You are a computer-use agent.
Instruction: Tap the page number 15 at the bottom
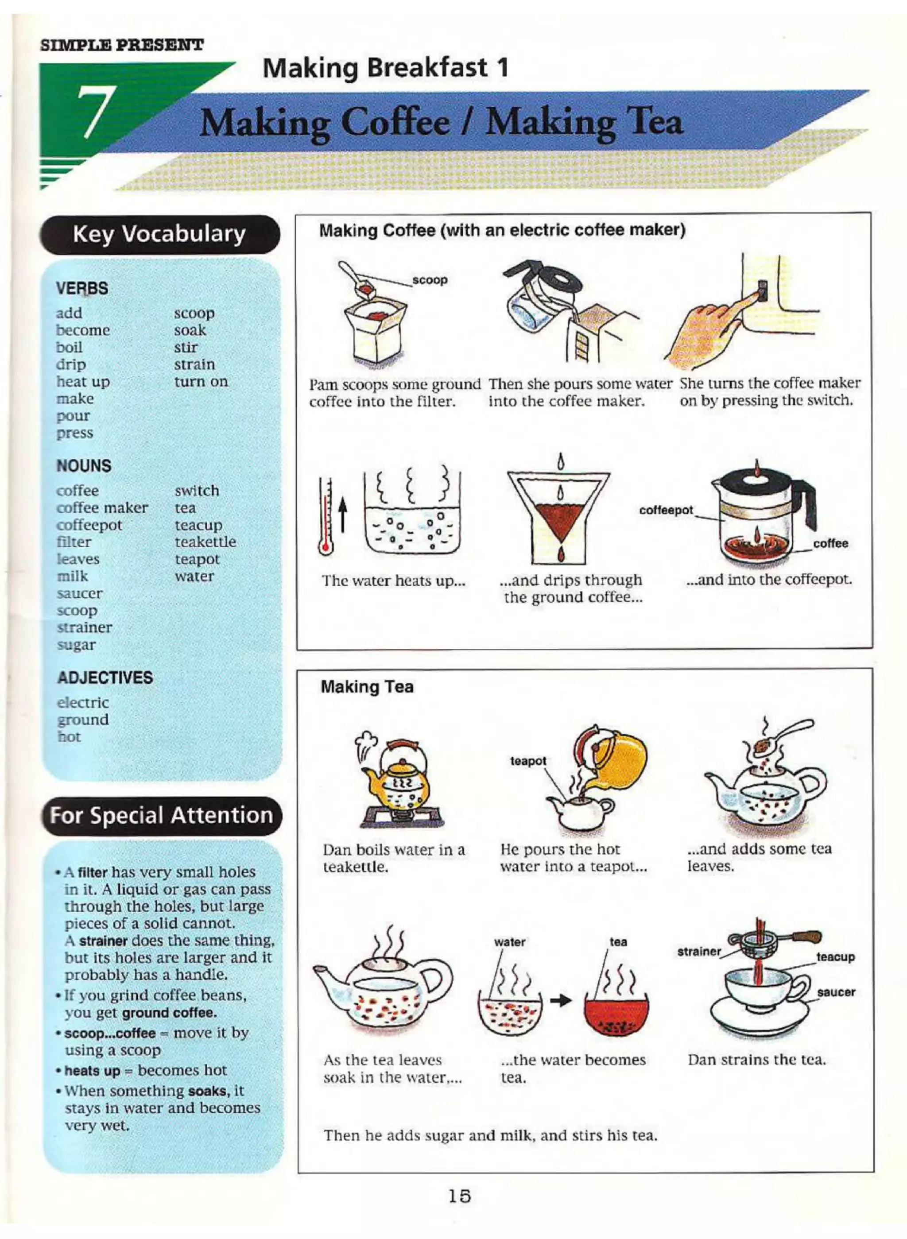click(x=459, y=1196)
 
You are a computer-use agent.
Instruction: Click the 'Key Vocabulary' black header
click(x=159, y=234)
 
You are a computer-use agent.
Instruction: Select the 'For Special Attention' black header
click(x=161, y=815)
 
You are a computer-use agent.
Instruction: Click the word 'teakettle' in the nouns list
click(x=205, y=542)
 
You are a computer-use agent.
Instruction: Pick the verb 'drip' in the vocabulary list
click(x=71, y=364)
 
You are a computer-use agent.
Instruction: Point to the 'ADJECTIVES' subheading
click(x=105, y=678)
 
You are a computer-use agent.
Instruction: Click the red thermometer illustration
click(x=326, y=517)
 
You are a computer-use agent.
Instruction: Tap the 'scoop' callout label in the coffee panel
click(x=430, y=280)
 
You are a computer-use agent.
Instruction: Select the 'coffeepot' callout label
click(x=666, y=510)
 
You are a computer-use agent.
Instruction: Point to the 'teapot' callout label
click(x=527, y=761)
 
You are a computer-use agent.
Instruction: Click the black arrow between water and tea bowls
click(x=561, y=1000)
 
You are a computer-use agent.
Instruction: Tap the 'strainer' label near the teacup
click(x=698, y=951)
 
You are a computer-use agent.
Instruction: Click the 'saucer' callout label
click(x=836, y=992)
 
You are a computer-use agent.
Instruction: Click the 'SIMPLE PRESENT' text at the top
click(x=122, y=44)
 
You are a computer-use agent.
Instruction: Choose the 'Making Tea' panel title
click(x=367, y=687)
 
